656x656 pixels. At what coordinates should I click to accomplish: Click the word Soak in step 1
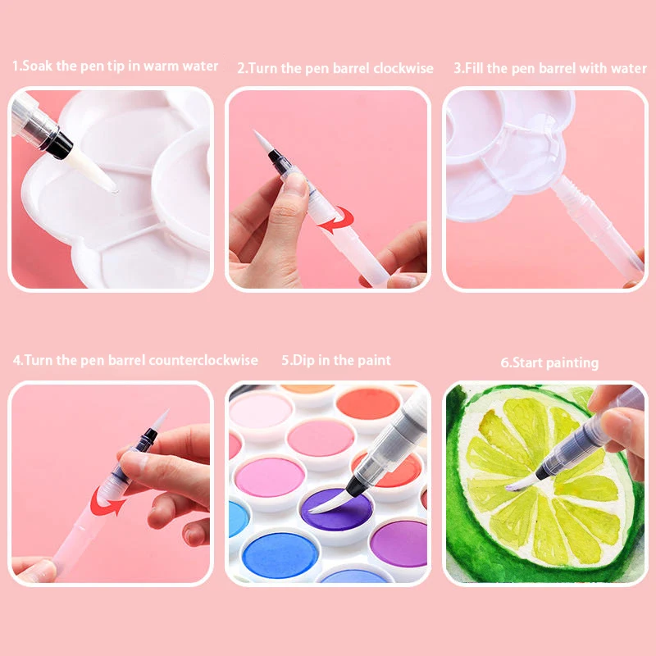pyautogui.click(x=38, y=66)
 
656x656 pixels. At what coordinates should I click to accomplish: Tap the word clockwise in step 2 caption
pyautogui.click(x=403, y=69)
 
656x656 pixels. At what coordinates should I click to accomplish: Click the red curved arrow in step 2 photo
pyautogui.click(x=337, y=219)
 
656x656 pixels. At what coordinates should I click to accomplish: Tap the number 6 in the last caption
pyautogui.click(x=503, y=362)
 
